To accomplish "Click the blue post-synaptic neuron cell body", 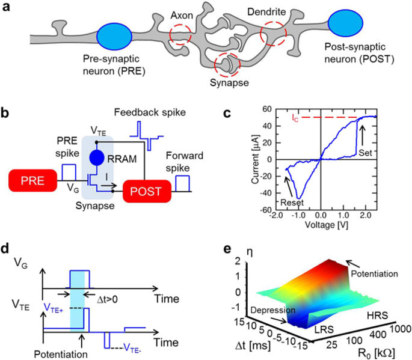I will [345, 23].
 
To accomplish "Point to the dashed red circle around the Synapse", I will [227, 63].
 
